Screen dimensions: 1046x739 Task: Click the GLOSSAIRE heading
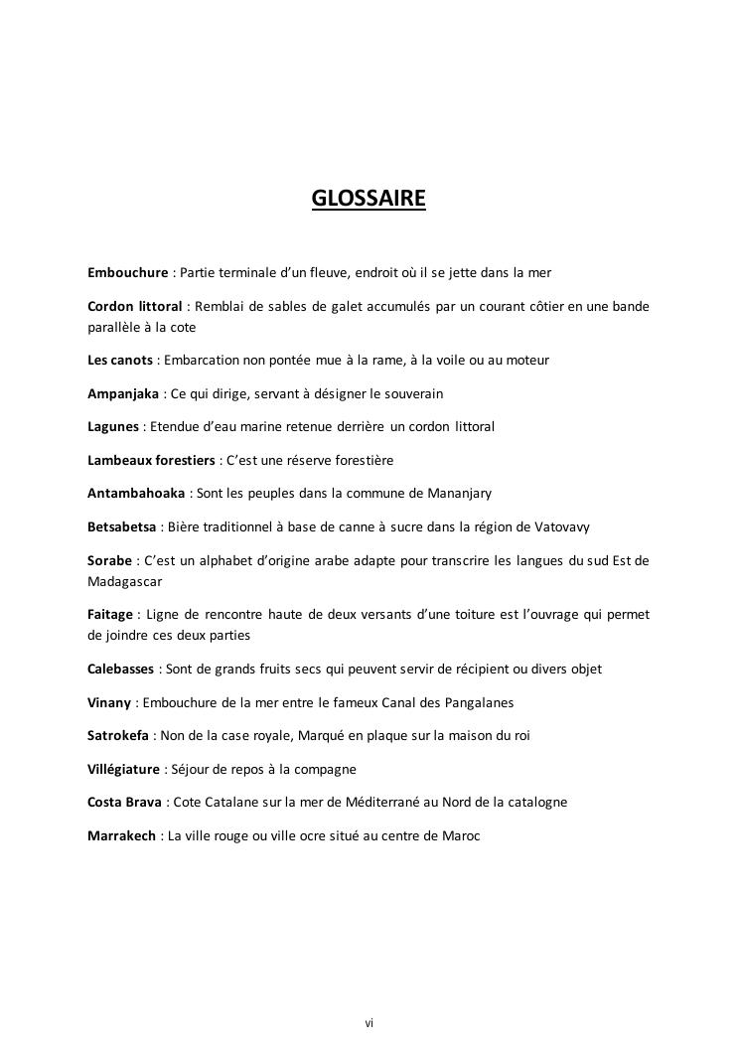click(369, 199)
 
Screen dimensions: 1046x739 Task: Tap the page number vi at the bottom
click(369, 1022)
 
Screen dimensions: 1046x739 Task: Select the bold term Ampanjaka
click(123, 393)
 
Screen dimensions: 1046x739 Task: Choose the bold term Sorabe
click(109, 560)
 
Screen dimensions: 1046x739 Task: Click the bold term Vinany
click(109, 703)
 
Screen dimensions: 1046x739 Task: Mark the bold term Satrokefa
click(118, 736)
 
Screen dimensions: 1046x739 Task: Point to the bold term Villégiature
click(123, 770)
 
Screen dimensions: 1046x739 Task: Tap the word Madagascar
click(125, 581)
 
